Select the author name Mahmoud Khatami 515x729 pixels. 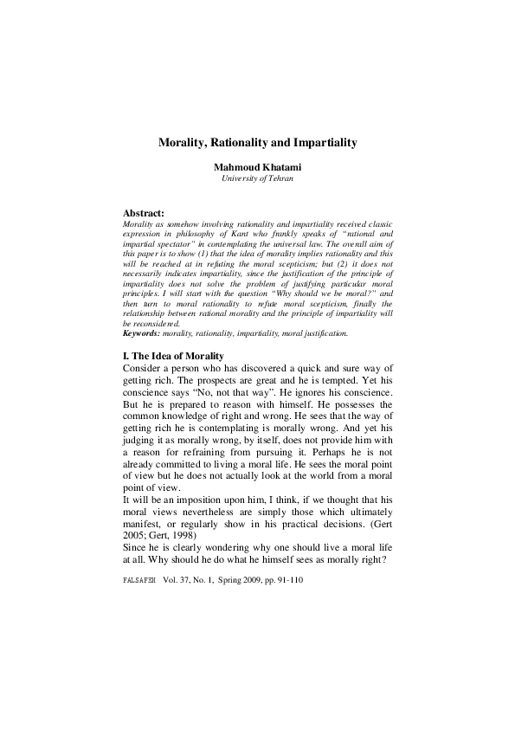[x=257, y=166]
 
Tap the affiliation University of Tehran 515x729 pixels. [x=257, y=178]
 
